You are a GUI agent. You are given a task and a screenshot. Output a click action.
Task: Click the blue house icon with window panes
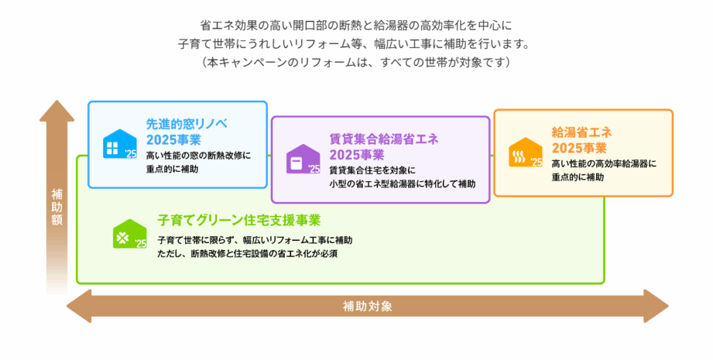click(120, 143)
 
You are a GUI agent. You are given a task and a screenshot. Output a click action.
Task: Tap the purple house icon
click(303, 159)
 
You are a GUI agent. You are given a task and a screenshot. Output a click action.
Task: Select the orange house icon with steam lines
click(525, 152)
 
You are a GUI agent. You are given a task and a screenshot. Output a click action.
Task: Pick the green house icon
click(130, 234)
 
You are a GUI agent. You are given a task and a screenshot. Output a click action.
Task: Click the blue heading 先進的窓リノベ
click(187, 124)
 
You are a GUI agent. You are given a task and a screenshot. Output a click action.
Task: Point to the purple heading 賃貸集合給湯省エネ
click(384, 139)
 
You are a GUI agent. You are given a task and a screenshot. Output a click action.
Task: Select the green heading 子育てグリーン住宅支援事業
click(240, 220)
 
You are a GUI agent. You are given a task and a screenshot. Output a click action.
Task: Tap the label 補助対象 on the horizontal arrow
click(368, 306)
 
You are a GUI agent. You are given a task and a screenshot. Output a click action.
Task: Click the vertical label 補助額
click(57, 208)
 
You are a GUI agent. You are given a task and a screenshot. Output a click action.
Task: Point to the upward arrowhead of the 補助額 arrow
click(57, 111)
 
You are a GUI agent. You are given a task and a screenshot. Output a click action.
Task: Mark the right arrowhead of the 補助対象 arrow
click(656, 306)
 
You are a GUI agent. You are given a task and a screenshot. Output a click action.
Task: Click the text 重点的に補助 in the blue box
click(173, 169)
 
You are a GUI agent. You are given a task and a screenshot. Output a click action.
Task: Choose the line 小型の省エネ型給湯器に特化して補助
click(402, 184)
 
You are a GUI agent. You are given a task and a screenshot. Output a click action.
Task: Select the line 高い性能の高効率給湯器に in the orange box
click(604, 164)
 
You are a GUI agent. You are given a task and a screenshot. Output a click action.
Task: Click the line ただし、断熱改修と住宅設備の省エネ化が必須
click(247, 253)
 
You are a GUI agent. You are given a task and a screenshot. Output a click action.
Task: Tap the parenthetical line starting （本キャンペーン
click(356, 62)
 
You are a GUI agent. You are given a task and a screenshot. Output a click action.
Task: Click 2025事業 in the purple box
click(357, 155)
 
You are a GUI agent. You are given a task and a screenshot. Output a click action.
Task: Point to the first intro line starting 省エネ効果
click(356, 25)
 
